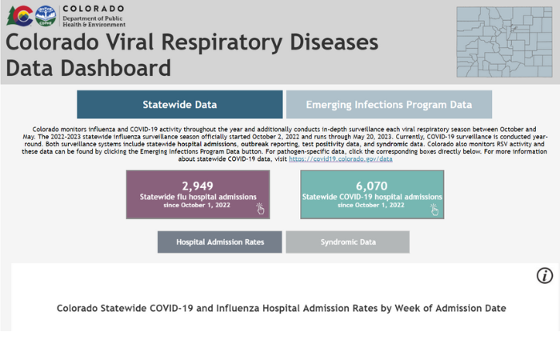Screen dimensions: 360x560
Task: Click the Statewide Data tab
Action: coord(179,105)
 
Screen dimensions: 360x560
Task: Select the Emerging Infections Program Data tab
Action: coord(389,105)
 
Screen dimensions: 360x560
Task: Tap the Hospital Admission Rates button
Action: coord(219,242)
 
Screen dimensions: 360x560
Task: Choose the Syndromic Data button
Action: coord(347,242)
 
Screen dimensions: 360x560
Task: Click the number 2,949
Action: coord(198,186)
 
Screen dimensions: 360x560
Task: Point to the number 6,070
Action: coord(371,186)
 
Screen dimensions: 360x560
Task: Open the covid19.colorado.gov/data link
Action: coord(341,159)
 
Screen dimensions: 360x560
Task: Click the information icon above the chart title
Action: coord(545,276)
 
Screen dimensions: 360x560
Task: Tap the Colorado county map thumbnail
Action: coord(506,42)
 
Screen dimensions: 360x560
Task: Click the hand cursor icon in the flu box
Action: coord(260,209)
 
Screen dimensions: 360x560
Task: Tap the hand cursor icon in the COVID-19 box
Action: coord(434,209)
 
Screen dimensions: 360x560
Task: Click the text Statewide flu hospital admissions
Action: coord(198,197)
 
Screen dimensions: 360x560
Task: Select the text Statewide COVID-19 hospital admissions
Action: coord(371,197)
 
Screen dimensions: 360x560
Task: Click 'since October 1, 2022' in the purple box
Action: coord(198,206)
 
